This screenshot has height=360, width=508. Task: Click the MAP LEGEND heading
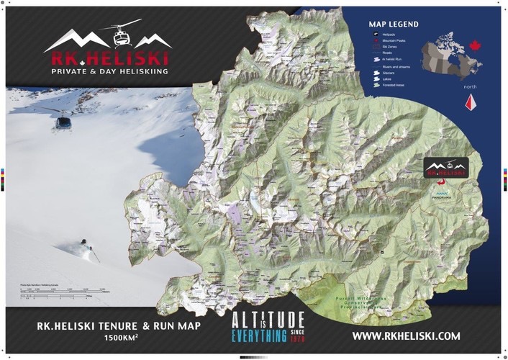click(393, 24)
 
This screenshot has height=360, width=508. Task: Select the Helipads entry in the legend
click(389, 34)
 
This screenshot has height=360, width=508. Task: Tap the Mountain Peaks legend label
click(394, 41)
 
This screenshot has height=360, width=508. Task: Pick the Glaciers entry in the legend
click(392, 73)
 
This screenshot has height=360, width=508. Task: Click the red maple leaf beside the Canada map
click(474, 45)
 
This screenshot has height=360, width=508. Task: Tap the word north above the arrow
click(470, 87)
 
